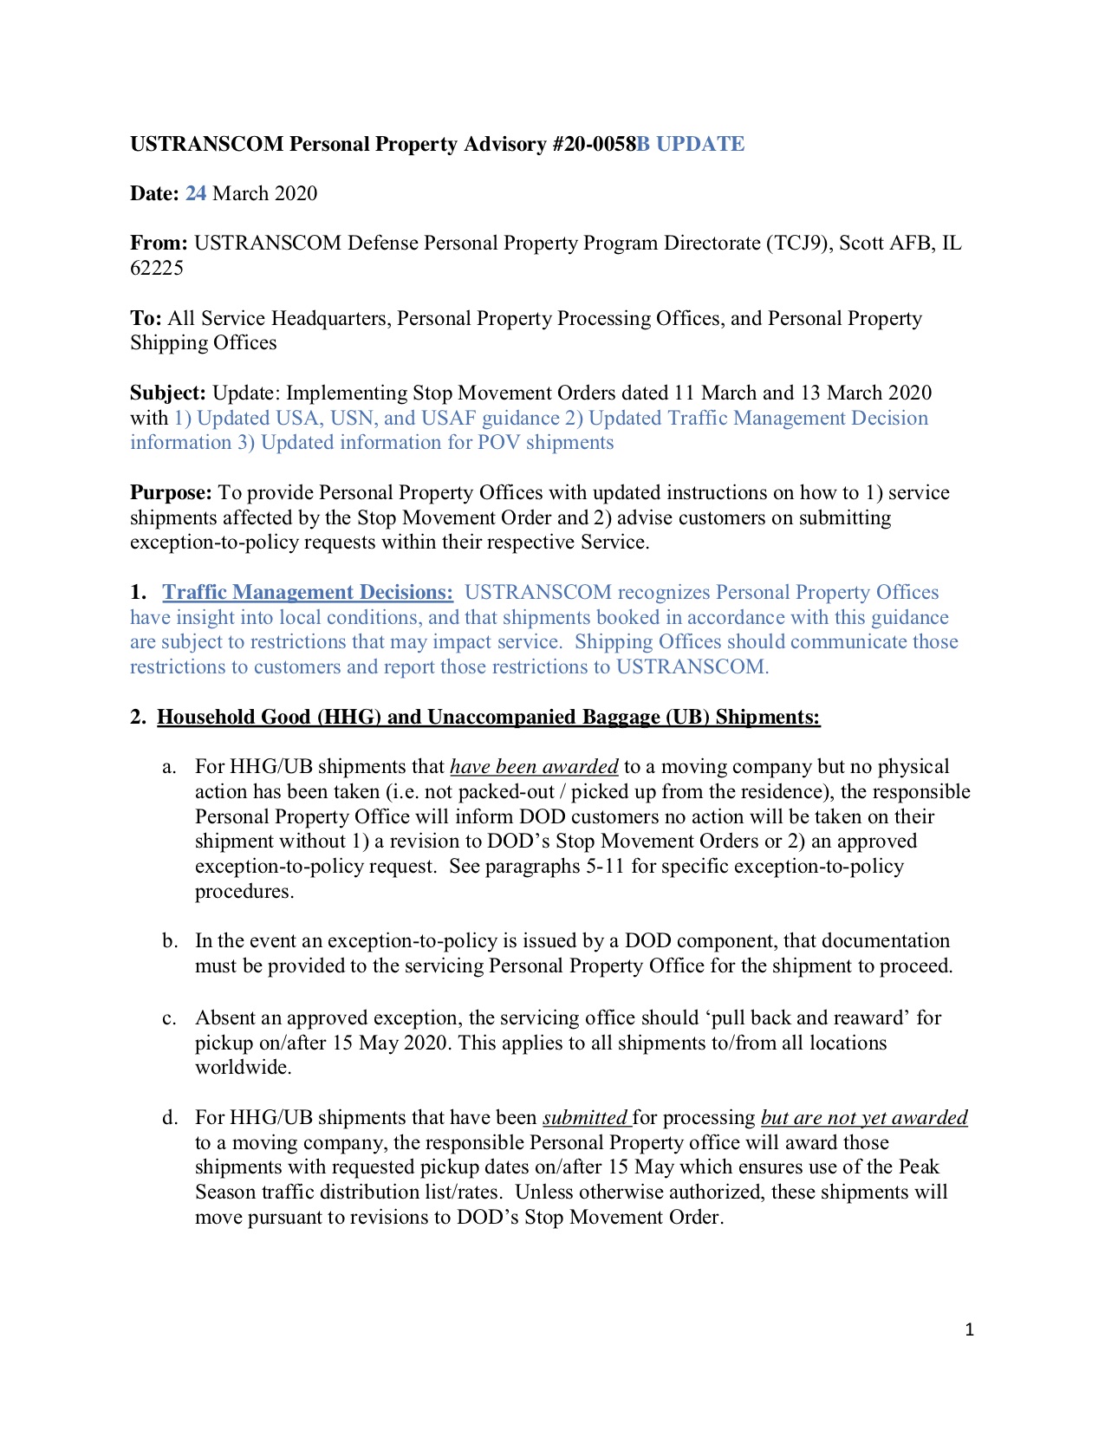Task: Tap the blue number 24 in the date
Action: pyautogui.click(x=196, y=193)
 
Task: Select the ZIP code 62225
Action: pyautogui.click(x=157, y=268)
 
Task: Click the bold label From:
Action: pyautogui.click(x=159, y=243)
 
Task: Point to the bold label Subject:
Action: pyautogui.click(x=168, y=393)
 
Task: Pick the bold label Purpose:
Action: pyautogui.click(x=171, y=493)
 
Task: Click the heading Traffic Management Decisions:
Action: pyautogui.click(x=308, y=593)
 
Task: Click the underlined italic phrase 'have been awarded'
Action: pyautogui.click(x=534, y=767)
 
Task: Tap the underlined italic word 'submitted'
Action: pyautogui.click(x=584, y=1118)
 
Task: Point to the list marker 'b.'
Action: pyautogui.click(x=170, y=941)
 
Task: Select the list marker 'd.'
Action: pyautogui.click(x=170, y=1118)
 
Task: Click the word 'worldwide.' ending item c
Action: pyautogui.click(x=243, y=1068)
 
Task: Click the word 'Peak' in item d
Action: pyautogui.click(x=919, y=1167)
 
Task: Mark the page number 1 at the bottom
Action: pyautogui.click(x=969, y=1329)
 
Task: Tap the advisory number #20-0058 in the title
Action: pyautogui.click(x=593, y=144)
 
